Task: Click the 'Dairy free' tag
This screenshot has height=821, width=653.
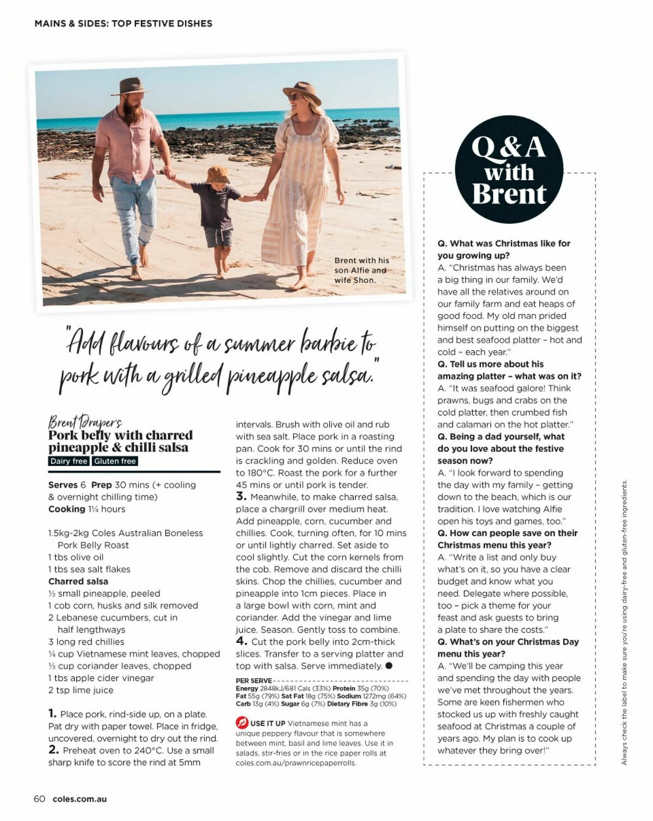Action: (x=69, y=461)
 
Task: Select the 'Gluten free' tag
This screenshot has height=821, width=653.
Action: (x=115, y=461)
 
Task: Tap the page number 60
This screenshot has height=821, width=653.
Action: (x=39, y=799)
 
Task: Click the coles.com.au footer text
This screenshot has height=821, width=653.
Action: (x=80, y=799)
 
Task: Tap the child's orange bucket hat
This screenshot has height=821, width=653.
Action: (x=218, y=175)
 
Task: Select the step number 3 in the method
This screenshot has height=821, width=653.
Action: (x=241, y=497)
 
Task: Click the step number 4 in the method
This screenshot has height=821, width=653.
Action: (x=241, y=641)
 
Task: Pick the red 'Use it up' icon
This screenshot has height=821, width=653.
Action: (x=242, y=723)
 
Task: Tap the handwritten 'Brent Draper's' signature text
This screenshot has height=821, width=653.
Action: (x=85, y=422)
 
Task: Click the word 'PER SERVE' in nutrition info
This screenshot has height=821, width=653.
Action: (x=254, y=681)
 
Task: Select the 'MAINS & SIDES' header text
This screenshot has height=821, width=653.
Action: (x=71, y=23)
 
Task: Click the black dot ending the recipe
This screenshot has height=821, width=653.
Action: (x=389, y=666)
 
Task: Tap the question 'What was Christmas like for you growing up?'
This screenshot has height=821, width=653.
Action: (x=503, y=249)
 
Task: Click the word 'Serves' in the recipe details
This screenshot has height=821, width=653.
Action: (x=63, y=485)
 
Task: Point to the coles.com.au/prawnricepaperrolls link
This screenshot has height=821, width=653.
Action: (x=296, y=763)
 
